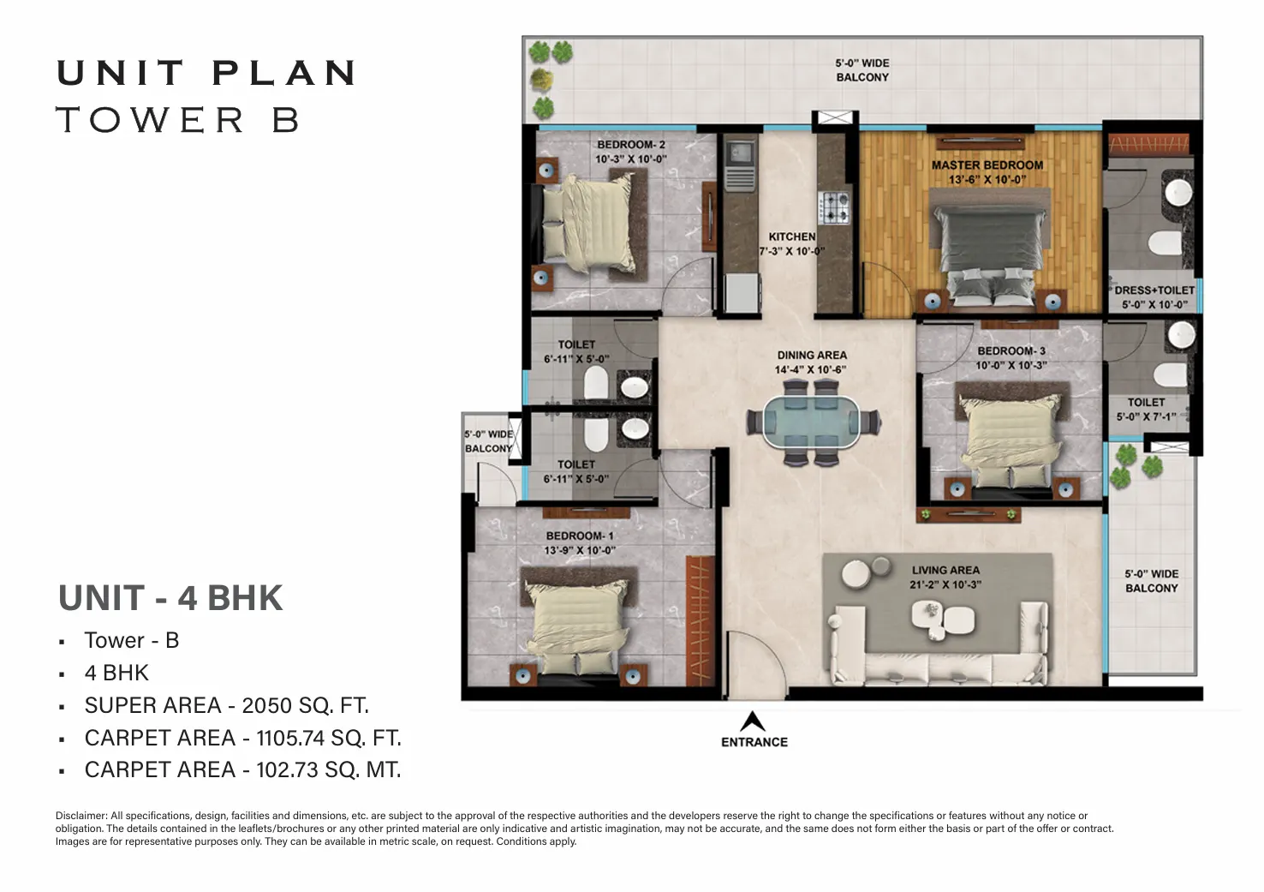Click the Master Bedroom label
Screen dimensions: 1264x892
coord(987,165)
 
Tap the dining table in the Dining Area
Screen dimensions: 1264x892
coord(813,422)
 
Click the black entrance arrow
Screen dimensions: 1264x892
coord(752,721)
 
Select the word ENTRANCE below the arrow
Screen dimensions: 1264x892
coord(754,742)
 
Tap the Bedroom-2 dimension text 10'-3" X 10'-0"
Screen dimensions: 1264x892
coord(631,159)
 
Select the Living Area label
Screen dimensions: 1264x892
coord(945,570)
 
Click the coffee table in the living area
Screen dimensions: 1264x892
coord(943,620)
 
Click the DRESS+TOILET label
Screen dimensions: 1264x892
coord(1154,290)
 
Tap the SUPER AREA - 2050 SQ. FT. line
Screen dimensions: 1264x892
coord(226,705)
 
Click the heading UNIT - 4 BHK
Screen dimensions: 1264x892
coord(170,598)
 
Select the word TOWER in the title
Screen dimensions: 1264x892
coord(150,120)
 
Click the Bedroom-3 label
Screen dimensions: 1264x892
coord(1011,350)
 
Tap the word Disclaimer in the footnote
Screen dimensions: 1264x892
coord(81,815)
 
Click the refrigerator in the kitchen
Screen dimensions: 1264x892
coord(742,292)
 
